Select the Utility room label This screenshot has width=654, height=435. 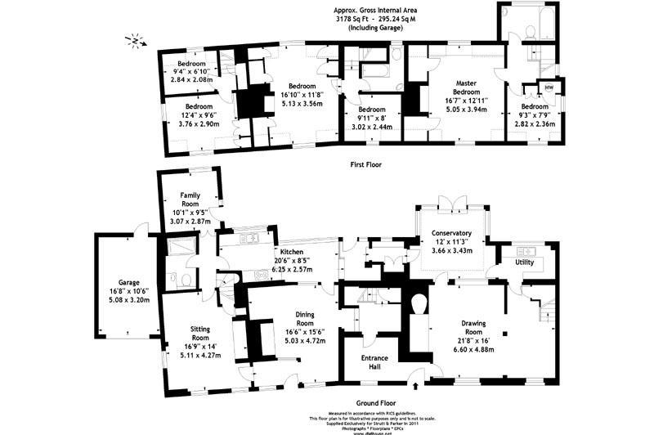point(524,262)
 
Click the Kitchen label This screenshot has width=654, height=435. point(292,251)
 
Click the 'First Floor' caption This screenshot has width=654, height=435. point(365,164)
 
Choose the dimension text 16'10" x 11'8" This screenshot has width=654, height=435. point(301,94)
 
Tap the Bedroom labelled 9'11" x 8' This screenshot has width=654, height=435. point(371,110)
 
